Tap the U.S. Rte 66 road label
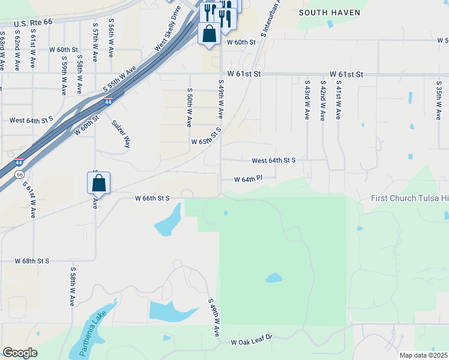[28, 21]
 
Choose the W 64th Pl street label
[249, 179]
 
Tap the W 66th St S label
[152, 197]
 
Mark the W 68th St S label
[32, 261]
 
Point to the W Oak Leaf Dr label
[252, 341]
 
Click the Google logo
[20, 353]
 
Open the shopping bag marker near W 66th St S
[99, 182]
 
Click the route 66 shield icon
[19, 174]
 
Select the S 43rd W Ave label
[307, 100]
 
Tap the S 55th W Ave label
[119, 80]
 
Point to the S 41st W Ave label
[339, 100]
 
